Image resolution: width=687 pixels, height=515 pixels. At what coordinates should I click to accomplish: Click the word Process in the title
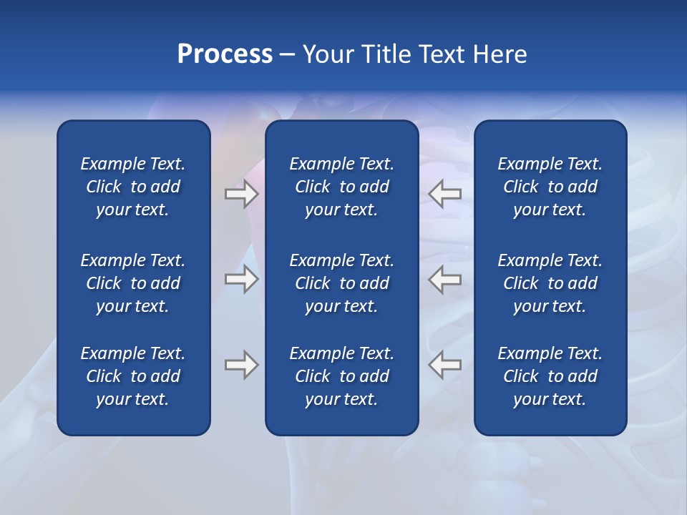[x=225, y=54]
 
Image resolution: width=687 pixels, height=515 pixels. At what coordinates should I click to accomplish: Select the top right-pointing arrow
[x=241, y=193]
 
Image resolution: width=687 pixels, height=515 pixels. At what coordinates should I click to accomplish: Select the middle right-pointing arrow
[x=241, y=278]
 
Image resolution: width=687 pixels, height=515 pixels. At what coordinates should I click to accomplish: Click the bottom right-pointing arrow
[x=241, y=365]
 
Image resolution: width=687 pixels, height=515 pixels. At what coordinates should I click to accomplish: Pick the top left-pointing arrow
[x=445, y=193]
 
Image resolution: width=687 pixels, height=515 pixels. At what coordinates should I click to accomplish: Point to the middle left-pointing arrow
[x=445, y=278]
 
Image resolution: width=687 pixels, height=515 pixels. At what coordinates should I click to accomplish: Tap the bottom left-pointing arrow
[x=445, y=365]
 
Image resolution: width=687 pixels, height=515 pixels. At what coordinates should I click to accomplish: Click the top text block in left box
[x=133, y=187]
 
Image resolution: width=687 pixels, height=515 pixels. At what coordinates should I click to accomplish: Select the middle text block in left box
[x=133, y=283]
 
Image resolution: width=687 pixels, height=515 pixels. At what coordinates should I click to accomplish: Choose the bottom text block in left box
[x=133, y=376]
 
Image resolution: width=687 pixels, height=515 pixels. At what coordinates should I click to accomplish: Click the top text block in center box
[x=341, y=187]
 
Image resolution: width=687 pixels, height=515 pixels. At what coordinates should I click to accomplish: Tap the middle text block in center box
[x=341, y=283]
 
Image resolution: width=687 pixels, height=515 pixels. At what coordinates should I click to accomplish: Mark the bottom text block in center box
[x=341, y=376]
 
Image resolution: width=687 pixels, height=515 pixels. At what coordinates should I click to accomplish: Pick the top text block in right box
[x=550, y=187]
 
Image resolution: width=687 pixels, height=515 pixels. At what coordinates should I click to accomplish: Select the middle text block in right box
[x=550, y=283]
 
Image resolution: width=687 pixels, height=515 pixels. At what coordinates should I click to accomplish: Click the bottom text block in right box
[x=550, y=376]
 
